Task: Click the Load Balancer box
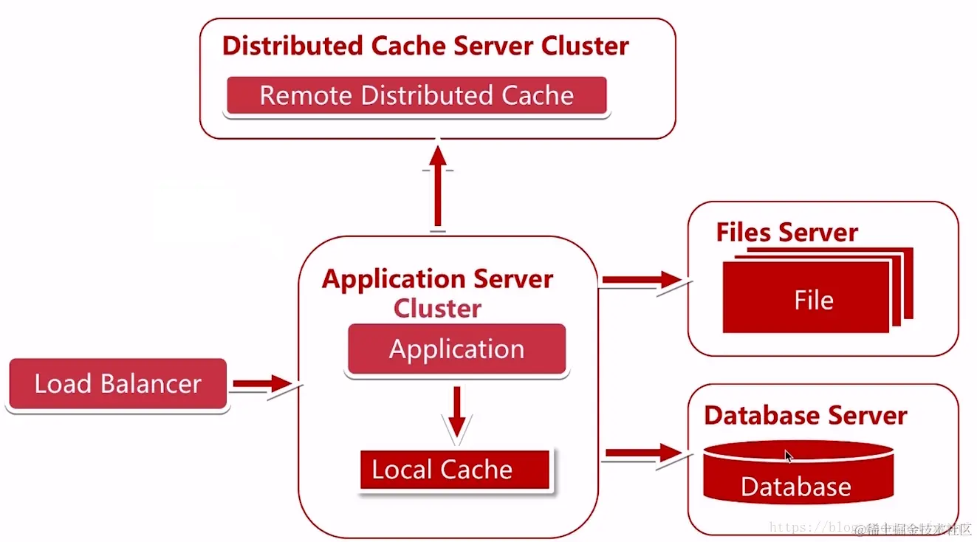[117, 384]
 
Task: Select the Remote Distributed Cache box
[416, 96]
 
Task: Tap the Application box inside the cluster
[456, 349]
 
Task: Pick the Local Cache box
[455, 470]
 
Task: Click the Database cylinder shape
[798, 473]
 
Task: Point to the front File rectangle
[806, 299]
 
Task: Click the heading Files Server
[786, 233]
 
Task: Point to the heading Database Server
[805, 415]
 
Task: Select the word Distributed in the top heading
[293, 46]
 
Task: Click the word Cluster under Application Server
[437, 308]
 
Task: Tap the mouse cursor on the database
[789, 456]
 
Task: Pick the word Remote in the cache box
[306, 96]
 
